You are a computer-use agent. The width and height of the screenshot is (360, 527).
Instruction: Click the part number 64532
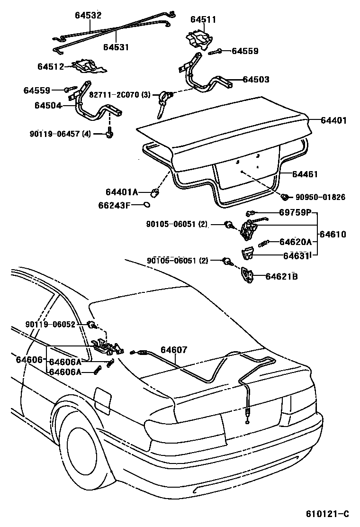point(88,15)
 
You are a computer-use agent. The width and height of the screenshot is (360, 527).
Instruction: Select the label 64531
point(116,47)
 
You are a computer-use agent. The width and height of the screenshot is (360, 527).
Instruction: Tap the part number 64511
point(203,19)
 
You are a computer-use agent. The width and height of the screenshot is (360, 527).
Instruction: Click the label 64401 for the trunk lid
point(334,121)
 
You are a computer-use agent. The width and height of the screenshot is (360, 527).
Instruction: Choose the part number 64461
point(305,174)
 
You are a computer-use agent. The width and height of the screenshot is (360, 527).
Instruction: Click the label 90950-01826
point(321,197)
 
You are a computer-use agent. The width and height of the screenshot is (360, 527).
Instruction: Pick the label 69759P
point(295,213)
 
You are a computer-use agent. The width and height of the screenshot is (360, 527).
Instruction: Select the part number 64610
point(333,234)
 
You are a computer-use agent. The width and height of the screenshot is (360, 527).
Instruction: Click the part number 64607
point(174,350)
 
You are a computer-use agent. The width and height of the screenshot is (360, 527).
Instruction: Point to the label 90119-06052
point(50,325)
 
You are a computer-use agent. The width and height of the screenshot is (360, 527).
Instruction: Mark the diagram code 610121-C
point(327,514)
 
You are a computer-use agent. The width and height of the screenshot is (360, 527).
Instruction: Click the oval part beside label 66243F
point(147,205)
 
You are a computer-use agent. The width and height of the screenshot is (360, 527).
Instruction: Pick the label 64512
point(51,66)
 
